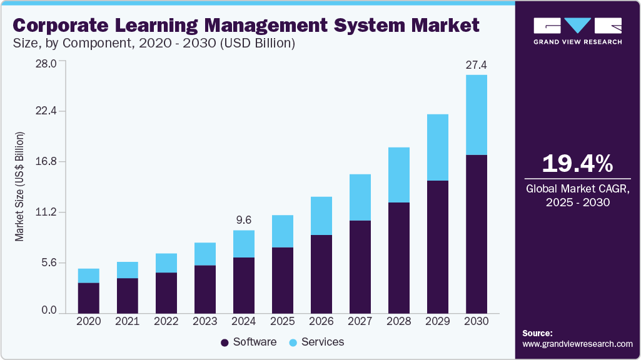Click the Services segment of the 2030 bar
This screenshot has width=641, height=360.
476,115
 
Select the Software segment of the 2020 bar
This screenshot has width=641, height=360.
88,297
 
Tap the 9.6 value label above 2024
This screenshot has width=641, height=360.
243,220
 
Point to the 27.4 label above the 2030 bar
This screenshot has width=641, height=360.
476,65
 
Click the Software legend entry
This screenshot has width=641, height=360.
248,342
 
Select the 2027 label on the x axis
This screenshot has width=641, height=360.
360,321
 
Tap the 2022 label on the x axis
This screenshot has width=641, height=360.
166,321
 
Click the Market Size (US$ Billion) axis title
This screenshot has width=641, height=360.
20,187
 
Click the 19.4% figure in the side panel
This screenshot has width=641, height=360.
577,164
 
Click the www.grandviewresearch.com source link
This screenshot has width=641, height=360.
577,344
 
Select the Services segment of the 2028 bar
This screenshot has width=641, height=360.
398,175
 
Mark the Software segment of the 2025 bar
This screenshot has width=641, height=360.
282,280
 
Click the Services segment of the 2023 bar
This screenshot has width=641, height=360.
204,254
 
